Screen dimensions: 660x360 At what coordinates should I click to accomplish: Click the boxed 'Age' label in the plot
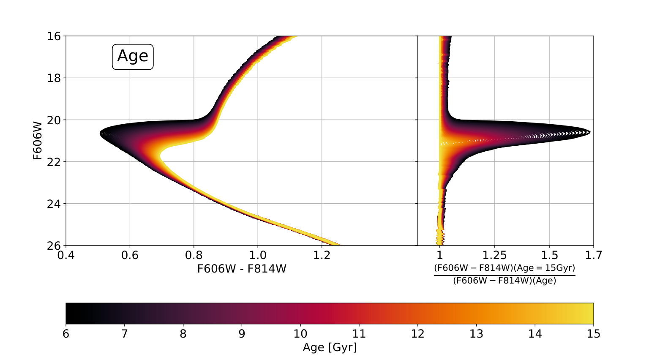[x=133, y=57]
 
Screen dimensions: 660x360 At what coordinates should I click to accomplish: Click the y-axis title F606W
[x=38, y=141]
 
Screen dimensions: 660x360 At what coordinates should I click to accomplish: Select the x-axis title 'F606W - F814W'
[x=242, y=269]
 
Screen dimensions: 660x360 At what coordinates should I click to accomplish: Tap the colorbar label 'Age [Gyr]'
[x=330, y=347]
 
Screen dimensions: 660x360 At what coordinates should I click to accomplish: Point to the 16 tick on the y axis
[x=54, y=36]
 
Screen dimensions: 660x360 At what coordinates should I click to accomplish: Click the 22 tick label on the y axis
[x=54, y=162]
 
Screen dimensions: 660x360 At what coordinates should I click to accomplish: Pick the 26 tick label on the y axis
[x=54, y=245]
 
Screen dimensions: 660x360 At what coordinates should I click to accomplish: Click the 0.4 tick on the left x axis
[x=66, y=255]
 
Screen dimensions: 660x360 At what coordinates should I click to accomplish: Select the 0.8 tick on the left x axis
[x=194, y=255]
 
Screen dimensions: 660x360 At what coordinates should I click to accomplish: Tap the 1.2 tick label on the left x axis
[x=322, y=255]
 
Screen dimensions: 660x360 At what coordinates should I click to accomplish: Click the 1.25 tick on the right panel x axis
[x=494, y=255]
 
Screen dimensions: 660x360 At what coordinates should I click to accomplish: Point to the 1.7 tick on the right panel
[x=593, y=255]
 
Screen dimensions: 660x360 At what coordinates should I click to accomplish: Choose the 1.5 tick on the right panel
[x=550, y=255]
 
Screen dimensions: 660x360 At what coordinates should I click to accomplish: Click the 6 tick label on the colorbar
[x=66, y=334]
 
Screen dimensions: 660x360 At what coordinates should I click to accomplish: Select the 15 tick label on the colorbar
[x=593, y=334]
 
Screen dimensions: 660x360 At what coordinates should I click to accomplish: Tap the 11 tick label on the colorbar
[x=359, y=334]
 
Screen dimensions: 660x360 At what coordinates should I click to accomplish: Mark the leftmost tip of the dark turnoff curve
[x=100, y=134]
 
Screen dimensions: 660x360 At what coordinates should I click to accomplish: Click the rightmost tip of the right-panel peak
[x=590, y=133]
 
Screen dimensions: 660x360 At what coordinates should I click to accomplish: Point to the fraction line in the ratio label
[x=505, y=275]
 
